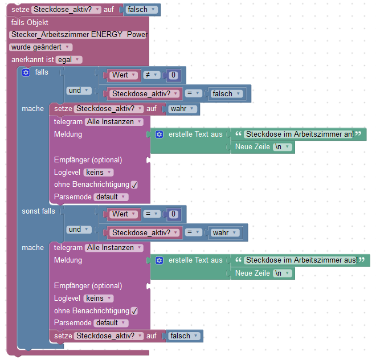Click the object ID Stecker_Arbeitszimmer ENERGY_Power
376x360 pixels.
pos(79,35)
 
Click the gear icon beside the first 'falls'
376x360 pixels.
pos(26,72)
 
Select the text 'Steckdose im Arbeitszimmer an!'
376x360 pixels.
pos(299,134)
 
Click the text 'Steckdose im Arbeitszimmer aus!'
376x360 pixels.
pos(301,260)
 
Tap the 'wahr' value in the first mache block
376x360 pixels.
pos(183,109)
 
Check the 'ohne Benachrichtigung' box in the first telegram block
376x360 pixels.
pos(134,185)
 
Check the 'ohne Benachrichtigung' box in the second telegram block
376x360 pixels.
pos(134,311)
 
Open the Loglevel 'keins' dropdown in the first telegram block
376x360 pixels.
pos(99,172)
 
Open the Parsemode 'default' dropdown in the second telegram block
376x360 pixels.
pos(111,323)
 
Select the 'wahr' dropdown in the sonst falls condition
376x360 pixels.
pos(224,232)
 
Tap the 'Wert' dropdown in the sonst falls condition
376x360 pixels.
pos(124,214)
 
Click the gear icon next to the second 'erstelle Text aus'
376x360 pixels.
pos(160,260)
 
